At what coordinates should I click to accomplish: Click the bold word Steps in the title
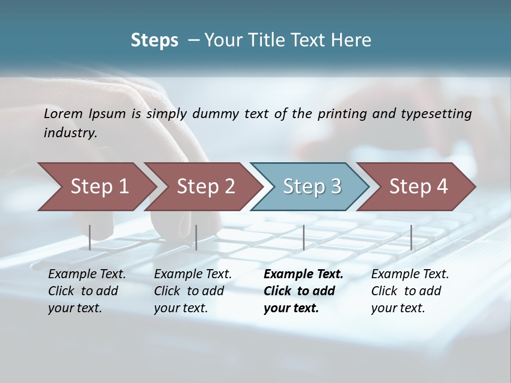click(154, 40)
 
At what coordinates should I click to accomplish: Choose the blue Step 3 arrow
click(312, 187)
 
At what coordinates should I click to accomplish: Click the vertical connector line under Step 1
click(90, 237)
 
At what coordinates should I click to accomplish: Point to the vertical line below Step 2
click(196, 237)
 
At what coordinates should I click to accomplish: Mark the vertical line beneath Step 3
click(303, 237)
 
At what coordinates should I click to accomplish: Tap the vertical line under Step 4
click(411, 237)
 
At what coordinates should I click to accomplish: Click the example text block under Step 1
click(87, 291)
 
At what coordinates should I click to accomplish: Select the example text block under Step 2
click(193, 291)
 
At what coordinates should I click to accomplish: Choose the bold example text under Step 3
click(303, 291)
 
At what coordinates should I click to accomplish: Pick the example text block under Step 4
click(410, 291)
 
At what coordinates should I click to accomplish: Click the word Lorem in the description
click(63, 113)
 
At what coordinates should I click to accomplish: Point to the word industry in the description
click(70, 133)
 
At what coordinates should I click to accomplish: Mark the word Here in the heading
click(353, 40)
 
